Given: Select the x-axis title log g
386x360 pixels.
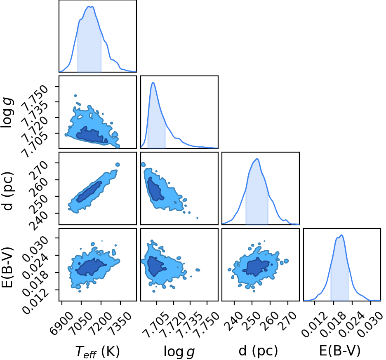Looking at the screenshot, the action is (x=179, y=351).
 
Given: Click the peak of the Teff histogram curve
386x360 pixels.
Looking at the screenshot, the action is (x=90, y=7).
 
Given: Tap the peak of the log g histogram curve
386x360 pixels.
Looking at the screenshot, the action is (x=153, y=82).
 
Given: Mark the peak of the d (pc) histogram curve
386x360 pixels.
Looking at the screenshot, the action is (x=257, y=159).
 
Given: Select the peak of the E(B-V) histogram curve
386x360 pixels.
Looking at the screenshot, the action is (x=341, y=235).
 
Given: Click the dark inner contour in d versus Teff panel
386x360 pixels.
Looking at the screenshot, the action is (x=89, y=192).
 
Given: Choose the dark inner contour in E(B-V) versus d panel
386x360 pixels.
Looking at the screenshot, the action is (x=257, y=267).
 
